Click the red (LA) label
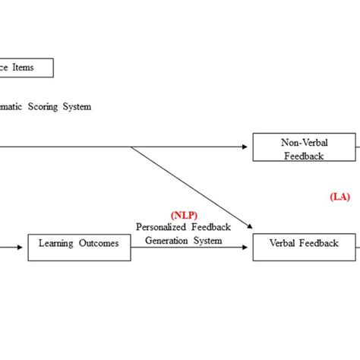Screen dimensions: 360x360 pyautogui.click(x=339, y=196)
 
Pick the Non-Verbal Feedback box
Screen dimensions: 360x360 pyautogui.click(x=304, y=147)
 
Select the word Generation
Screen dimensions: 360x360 pyautogui.click(x=163, y=240)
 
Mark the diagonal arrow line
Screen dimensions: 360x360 pyautogui.click(x=190, y=186)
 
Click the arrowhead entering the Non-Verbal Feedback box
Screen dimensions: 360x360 pyautogui.click(x=249, y=147)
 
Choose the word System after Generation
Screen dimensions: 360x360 pyautogui.click(x=207, y=240)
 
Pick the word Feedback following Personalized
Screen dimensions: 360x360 pyautogui.click(x=208, y=227)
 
